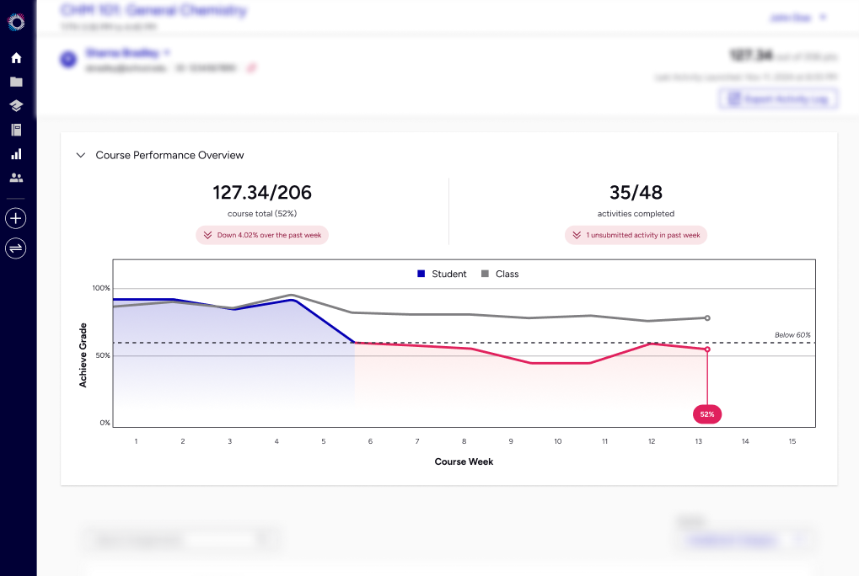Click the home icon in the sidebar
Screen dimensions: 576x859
[16, 58]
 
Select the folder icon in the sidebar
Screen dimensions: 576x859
[16, 82]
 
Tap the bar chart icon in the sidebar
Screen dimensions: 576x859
[16, 154]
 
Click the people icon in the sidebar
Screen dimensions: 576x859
[16, 178]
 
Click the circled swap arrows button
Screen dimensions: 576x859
[16, 248]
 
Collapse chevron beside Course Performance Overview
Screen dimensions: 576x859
[81, 155]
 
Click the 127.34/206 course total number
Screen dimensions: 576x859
[261, 193]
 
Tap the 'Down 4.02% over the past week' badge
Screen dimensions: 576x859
[261, 235]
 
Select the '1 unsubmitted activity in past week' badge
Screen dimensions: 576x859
[636, 235]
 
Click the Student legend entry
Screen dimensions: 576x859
[442, 274]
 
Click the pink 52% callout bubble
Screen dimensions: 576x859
[706, 413]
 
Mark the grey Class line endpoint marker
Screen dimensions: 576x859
[707, 318]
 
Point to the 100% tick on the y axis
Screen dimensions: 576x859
[101, 288]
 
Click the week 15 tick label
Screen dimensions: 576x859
[792, 441]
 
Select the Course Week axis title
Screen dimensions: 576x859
[464, 461]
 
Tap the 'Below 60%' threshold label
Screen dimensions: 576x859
[792, 335]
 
